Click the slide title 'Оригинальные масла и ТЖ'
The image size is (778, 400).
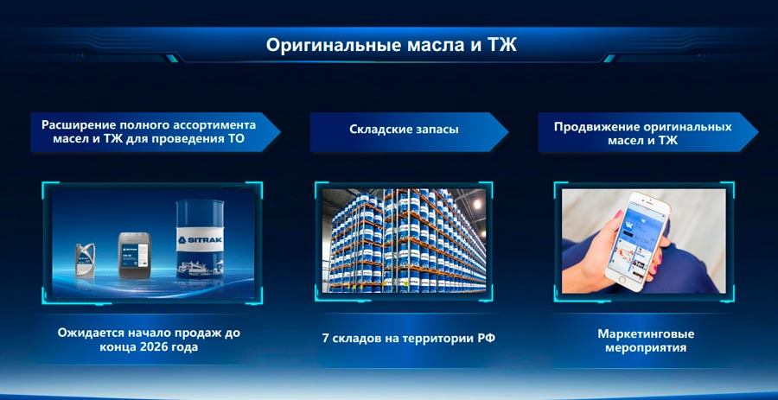[x=391, y=45]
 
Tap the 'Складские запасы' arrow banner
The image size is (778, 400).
[x=404, y=130]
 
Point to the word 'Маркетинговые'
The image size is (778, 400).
[x=646, y=333]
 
